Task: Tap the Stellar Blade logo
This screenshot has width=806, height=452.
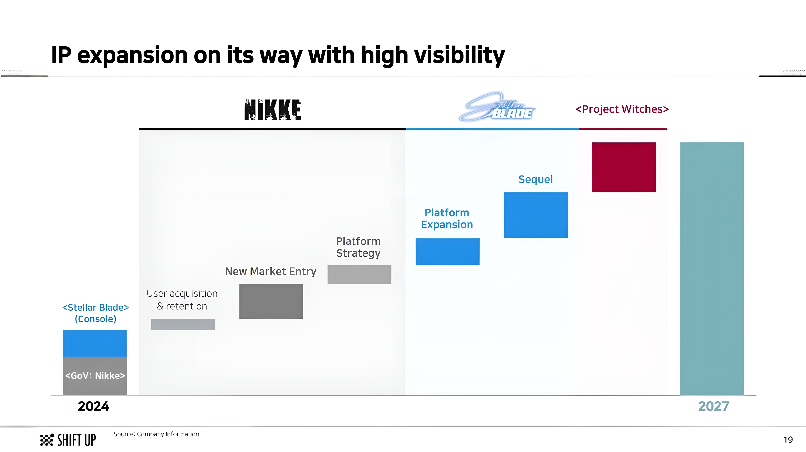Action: click(x=497, y=107)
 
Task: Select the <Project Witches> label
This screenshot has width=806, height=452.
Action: click(x=622, y=109)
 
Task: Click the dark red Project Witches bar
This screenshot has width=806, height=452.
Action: click(x=624, y=167)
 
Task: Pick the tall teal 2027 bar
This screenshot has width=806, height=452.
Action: click(x=712, y=269)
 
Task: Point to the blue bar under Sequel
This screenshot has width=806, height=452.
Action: click(x=536, y=215)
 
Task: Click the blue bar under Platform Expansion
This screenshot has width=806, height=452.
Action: click(x=447, y=252)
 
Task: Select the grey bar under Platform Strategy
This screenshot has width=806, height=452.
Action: click(x=359, y=274)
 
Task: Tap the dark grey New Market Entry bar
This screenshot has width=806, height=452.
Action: click(x=271, y=301)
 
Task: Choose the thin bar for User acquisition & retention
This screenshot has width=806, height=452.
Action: click(x=183, y=325)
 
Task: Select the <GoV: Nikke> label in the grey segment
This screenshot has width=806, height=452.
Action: click(x=95, y=375)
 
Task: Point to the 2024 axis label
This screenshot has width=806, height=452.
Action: click(x=93, y=406)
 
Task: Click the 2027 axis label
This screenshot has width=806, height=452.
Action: click(x=714, y=406)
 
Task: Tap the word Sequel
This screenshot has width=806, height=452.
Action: click(x=536, y=179)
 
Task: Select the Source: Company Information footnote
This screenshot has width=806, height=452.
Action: click(x=156, y=434)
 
